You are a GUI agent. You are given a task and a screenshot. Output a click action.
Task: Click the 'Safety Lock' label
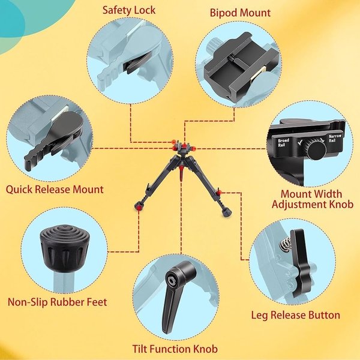[129, 10]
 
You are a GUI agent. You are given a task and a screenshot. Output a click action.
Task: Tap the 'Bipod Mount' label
[240, 13]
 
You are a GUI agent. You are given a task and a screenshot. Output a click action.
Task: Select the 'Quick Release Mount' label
[55, 190]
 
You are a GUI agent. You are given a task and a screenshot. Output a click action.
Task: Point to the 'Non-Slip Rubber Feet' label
[58, 302]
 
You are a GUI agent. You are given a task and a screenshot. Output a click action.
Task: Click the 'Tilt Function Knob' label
[175, 349]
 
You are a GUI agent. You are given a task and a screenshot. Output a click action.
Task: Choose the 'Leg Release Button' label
[295, 315]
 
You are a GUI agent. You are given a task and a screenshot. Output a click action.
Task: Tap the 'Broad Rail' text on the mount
[283, 143]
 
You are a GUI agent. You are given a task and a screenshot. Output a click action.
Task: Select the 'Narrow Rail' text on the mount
[335, 138]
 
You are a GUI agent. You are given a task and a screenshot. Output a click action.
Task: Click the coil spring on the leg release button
[284, 244]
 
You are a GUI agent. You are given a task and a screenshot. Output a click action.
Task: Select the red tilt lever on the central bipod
[181, 173]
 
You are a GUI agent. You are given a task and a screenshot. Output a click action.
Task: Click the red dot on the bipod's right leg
[219, 192]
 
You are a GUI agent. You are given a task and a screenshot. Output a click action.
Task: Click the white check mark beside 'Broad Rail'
[300, 143]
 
